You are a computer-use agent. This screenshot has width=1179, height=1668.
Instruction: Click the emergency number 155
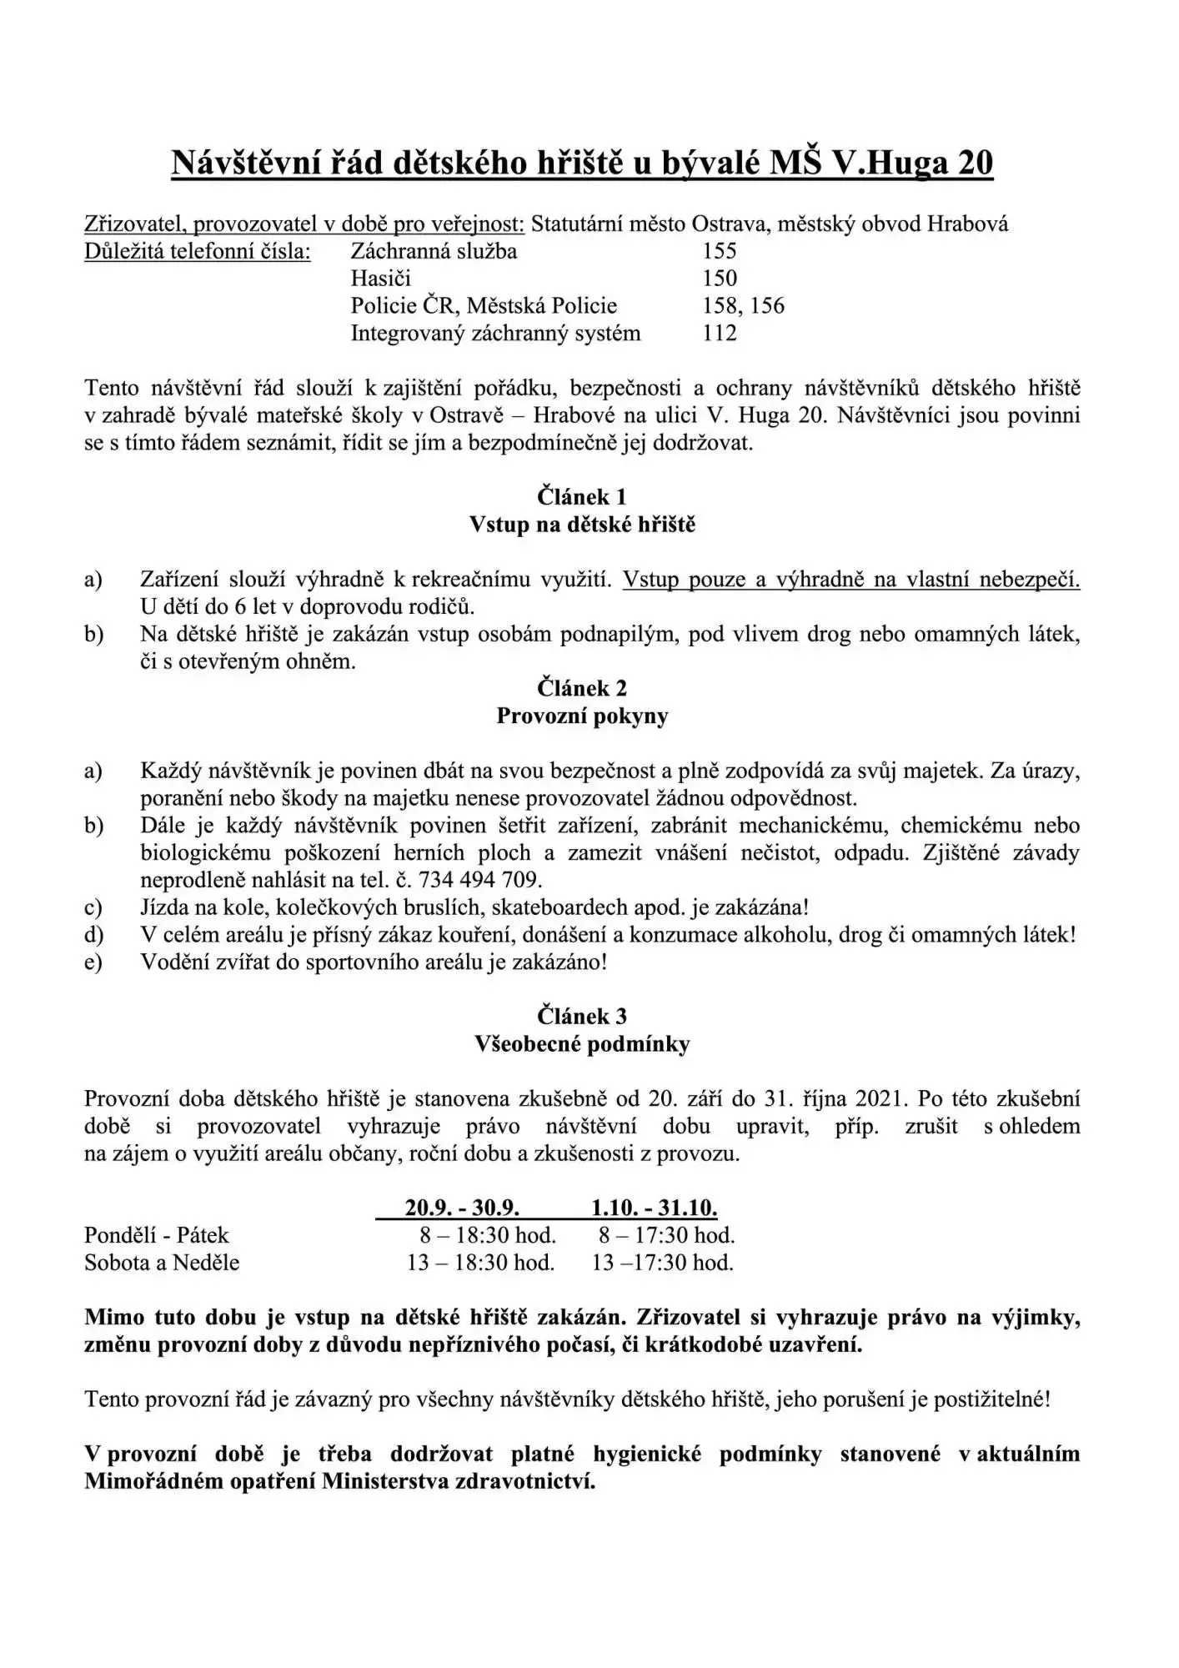click(x=719, y=251)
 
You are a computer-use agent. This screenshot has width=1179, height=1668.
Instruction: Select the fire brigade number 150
click(x=719, y=279)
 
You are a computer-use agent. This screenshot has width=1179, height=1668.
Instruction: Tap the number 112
click(x=719, y=334)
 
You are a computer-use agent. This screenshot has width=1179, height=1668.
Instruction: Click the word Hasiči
click(x=380, y=279)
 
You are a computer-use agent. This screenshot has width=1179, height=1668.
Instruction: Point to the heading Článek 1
click(x=582, y=497)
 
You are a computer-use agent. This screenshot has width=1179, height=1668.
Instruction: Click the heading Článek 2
click(x=582, y=689)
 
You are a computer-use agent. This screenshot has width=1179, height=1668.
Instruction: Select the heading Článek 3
click(x=582, y=1017)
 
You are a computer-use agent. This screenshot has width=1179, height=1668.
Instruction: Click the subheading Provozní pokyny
click(x=582, y=716)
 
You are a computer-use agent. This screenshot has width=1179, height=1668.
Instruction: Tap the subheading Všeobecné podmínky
click(x=582, y=1044)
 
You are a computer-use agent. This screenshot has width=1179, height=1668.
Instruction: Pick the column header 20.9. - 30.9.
click(x=462, y=1208)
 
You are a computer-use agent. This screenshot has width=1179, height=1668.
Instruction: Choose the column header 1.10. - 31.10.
click(x=654, y=1208)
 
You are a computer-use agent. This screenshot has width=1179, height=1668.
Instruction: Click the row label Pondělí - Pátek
click(x=156, y=1235)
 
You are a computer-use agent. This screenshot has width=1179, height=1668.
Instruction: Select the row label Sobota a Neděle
click(x=162, y=1263)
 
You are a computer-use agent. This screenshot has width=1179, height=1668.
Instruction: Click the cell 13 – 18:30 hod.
click(x=480, y=1263)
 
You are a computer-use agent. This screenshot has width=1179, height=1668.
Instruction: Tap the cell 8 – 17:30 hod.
click(x=666, y=1235)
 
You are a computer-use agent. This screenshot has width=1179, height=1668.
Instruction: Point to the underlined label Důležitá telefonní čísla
click(x=198, y=251)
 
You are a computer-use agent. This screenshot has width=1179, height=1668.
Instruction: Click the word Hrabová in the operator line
click(x=967, y=224)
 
